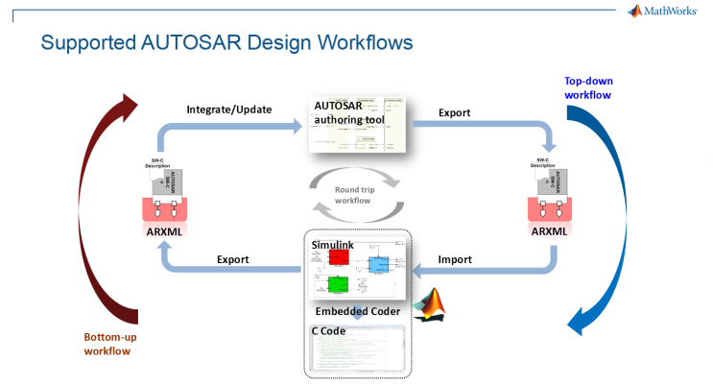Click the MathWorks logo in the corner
(663, 12)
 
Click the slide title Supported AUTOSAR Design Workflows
(227, 43)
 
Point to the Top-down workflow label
(587, 88)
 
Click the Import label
(454, 259)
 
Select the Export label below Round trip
(233, 259)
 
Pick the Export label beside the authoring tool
(454, 112)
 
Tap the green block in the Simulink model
(338, 284)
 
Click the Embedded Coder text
(356, 312)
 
